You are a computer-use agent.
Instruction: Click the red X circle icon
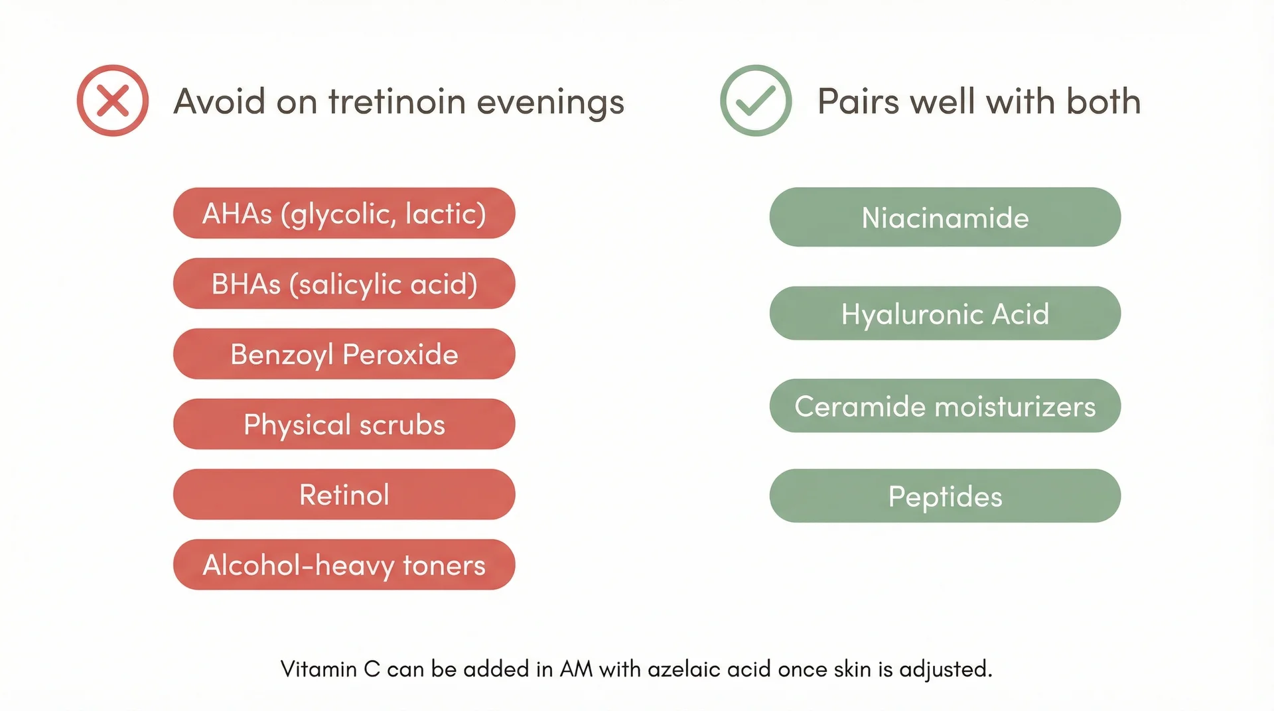click(x=113, y=101)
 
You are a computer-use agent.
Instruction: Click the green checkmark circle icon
click(x=756, y=101)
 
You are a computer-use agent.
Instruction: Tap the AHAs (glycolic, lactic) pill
click(x=344, y=213)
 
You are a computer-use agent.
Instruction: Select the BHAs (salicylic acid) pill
click(x=344, y=283)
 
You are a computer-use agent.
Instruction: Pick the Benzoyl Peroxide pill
click(x=344, y=354)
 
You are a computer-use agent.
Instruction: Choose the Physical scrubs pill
click(x=344, y=424)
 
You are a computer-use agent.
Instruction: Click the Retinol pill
click(x=344, y=494)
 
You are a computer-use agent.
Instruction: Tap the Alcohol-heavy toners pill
click(x=344, y=564)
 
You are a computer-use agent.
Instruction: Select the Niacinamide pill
click(x=945, y=217)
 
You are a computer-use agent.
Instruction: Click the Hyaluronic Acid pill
click(x=945, y=313)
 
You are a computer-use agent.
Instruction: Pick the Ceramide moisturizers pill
click(x=945, y=406)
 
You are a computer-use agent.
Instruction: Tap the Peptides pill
click(x=945, y=496)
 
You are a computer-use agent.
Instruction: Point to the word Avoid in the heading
click(x=220, y=101)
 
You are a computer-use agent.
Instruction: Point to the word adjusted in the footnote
click(x=946, y=669)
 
